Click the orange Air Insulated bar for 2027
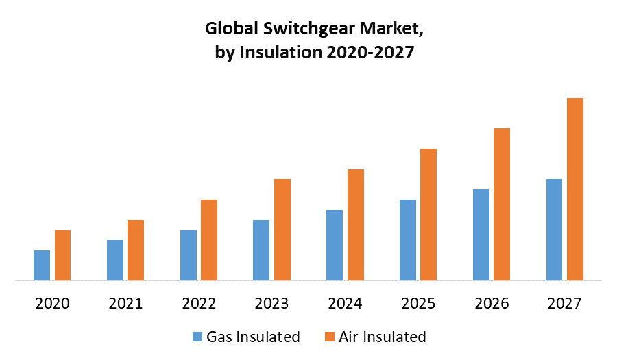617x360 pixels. [574, 189]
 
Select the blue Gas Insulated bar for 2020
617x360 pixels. [42, 265]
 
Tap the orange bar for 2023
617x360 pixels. [282, 230]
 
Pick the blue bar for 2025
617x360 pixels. [408, 240]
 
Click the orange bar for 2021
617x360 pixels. [136, 250]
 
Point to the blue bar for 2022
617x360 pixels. [189, 255]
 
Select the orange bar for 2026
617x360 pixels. [502, 204]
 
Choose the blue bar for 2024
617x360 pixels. [335, 245]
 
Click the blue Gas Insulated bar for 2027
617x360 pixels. [554, 230]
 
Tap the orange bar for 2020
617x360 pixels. [63, 255]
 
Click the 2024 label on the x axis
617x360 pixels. [345, 303]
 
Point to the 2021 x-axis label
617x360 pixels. [125, 303]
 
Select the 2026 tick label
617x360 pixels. [492, 303]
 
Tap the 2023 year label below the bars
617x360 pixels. [271, 303]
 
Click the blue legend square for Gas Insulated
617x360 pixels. [197, 337]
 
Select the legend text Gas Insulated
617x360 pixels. [254, 337]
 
